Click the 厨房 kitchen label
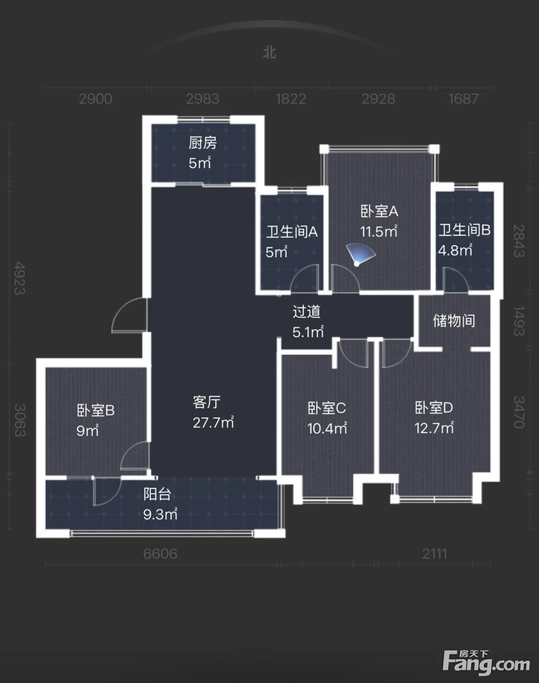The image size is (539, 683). tap(203, 143)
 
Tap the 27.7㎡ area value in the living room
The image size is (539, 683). tap(213, 422)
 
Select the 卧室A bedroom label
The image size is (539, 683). tap(379, 211)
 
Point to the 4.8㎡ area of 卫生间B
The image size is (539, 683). tap(455, 250)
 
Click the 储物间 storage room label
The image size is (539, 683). tap(454, 321)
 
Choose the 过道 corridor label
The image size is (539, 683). tap(307, 312)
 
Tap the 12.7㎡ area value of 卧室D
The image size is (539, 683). tap(434, 428)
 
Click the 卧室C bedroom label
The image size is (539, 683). tap(327, 408)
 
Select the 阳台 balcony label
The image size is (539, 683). tap(157, 494)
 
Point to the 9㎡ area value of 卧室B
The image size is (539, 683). tap(87, 430)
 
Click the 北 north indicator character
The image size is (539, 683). tap(269, 53)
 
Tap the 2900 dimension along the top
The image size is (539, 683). tap(96, 99)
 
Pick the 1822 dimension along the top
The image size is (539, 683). tap(291, 99)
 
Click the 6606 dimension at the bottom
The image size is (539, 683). tap(160, 554)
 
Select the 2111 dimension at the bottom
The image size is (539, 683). tap(435, 554)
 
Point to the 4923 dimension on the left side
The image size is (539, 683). tap(20, 279)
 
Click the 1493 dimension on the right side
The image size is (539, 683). tap(518, 321)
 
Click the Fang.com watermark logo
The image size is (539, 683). tap(486, 662)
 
